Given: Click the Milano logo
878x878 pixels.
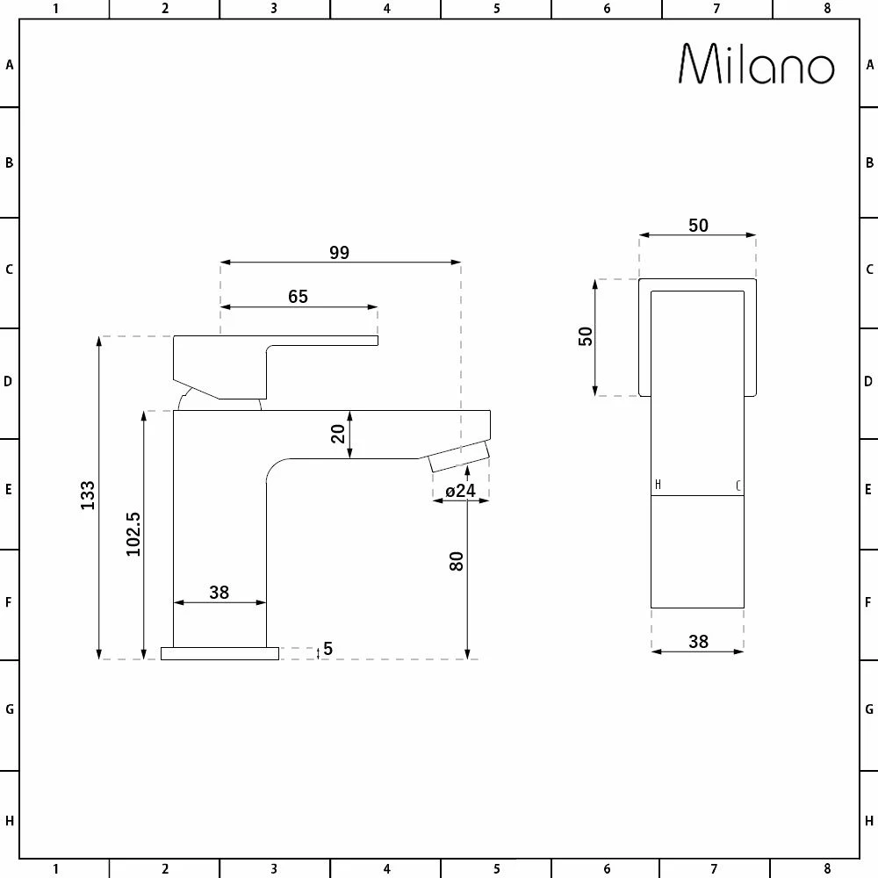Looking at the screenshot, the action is click(x=757, y=64).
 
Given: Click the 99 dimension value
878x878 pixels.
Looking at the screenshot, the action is click(x=339, y=253).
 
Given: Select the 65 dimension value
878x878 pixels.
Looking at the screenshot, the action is click(x=298, y=296).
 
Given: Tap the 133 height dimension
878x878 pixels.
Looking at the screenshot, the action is click(x=87, y=495).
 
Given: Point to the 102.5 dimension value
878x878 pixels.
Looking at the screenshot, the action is click(x=133, y=534).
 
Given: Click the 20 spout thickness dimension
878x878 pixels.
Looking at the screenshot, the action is click(x=338, y=434).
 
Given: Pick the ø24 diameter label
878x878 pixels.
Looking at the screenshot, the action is click(x=460, y=491).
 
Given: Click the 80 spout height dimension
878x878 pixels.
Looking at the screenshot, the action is click(x=457, y=561).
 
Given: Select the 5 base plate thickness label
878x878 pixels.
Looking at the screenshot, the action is click(x=328, y=649).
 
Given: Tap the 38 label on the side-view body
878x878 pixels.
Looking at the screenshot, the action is click(x=219, y=592).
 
